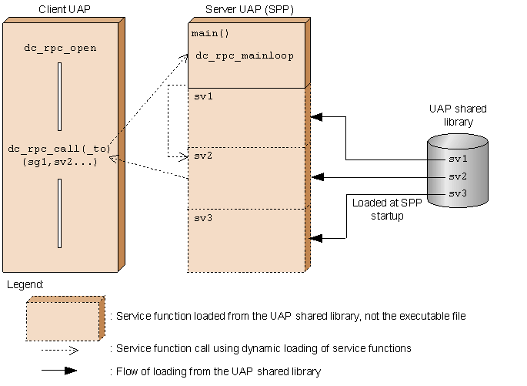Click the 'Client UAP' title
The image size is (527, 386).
point(65,9)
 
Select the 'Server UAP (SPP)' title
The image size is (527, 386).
point(249,9)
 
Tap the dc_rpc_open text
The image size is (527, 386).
point(60,49)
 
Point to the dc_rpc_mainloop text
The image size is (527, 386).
point(245,56)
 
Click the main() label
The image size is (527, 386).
point(210,33)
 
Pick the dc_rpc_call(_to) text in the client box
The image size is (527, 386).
point(59,149)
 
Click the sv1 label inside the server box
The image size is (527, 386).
point(203,96)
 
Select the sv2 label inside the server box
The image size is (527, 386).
point(203,156)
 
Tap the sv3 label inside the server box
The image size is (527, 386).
point(203,218)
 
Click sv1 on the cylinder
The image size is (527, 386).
point(458,159)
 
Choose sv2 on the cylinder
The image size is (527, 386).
point(458,176)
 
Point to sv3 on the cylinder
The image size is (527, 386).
point(458,193)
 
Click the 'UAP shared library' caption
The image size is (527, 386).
point(458,115)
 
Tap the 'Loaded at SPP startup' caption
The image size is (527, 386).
point(387,209)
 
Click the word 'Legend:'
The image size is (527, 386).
point(25,285)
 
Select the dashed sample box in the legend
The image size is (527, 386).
point(65,318)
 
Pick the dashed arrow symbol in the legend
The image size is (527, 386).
point(60,351)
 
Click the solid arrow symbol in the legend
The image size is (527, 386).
point(59,371)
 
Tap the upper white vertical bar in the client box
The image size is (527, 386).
point(59,96)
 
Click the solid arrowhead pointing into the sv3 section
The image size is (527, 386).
point(316,238)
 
